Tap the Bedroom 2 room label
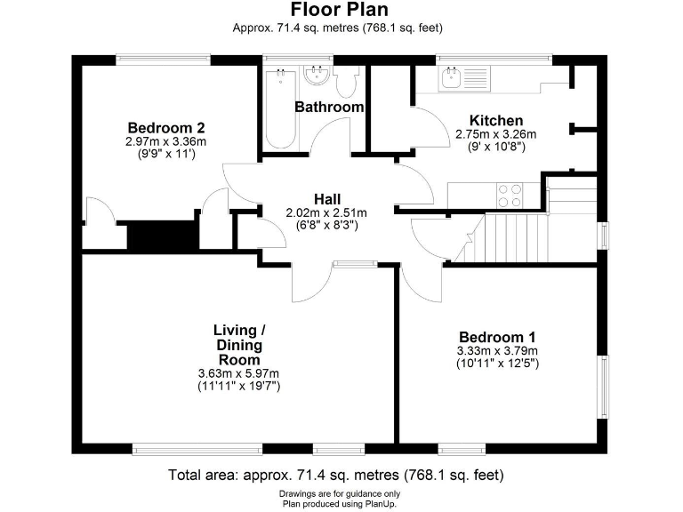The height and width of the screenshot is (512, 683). coord(165,127)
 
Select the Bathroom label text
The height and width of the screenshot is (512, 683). coord(329,107)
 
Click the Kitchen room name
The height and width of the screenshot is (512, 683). coord(495,121)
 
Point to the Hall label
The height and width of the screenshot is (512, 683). coord(326,198)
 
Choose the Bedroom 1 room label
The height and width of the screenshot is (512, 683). coord(497,337)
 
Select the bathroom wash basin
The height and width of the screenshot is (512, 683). coord(316,76)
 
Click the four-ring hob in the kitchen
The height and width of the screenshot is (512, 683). coord(510,194)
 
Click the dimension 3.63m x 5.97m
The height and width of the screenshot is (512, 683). coord(238,373)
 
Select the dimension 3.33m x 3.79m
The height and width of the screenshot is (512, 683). coord(497,351)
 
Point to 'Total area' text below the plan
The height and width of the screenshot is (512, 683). coord(341,476)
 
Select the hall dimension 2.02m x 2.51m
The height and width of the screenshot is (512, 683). coord(326,212)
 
